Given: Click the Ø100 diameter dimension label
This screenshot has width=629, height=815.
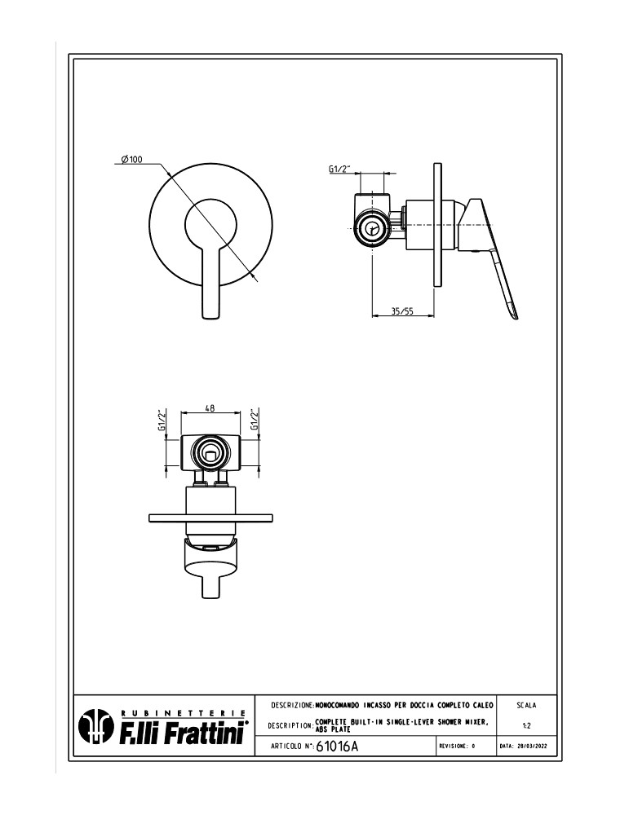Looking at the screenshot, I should (x=131, y=160).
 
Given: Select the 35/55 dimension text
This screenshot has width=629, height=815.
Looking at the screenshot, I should (x=401, y=311).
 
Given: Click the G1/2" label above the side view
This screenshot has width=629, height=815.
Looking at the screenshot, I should (x=339, y=169).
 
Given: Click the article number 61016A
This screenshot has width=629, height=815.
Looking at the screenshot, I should (x=336, y=746).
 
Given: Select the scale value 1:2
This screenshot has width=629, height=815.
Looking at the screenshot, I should (x=526, y=725).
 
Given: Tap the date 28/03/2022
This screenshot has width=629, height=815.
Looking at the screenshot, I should (x=526, y=747).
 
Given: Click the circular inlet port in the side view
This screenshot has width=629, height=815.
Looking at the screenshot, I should (x=374, y=229).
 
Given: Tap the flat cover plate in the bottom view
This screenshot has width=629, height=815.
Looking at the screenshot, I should (x=210, y=518).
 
